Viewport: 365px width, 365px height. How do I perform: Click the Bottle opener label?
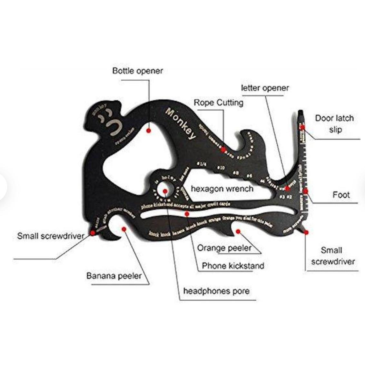(138, 71)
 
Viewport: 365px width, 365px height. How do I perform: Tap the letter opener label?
(265, 88)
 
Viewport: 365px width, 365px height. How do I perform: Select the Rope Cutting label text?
(218, 103)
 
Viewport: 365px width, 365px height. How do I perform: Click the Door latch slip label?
(334, 124)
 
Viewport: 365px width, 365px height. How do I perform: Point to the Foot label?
(341, 195)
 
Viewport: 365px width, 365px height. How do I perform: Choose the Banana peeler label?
(114, 276)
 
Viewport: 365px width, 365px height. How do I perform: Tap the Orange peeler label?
(224, 248)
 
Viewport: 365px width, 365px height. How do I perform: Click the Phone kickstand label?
(233, 266)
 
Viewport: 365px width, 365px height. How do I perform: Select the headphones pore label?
(216, 291)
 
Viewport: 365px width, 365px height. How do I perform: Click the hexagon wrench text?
(222, 188)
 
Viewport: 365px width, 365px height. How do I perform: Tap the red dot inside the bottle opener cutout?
(149, 131)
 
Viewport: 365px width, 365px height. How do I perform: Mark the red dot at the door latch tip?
(303, 127)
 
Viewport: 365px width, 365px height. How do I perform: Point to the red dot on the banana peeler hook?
(123, 229)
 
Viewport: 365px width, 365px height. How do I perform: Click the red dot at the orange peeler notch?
(238, 231)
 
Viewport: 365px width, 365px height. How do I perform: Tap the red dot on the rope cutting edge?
(223, 149)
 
